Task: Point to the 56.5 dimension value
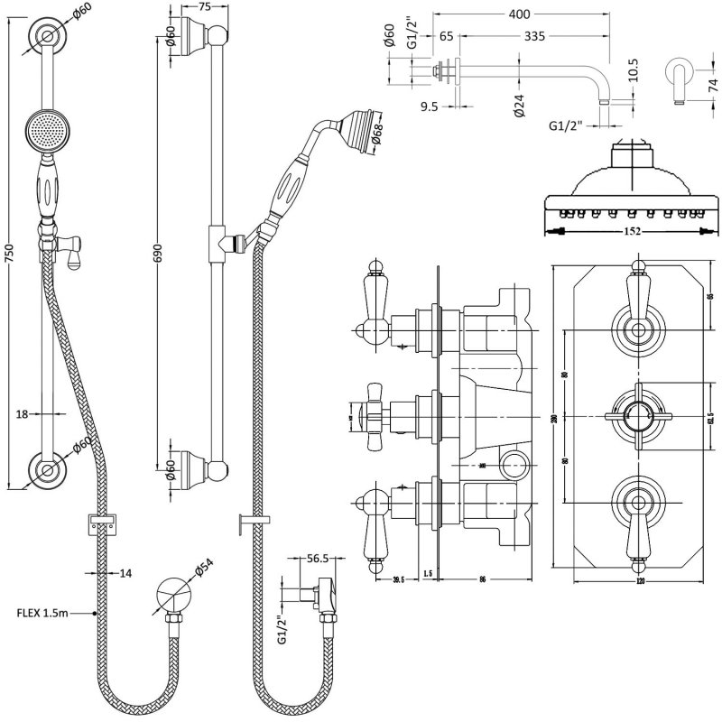coord(316,559)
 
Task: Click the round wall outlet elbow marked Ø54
coord(168,596)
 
